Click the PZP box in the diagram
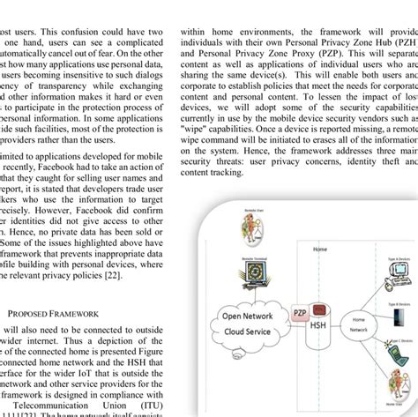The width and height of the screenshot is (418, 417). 299,312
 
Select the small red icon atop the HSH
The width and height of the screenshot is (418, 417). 319,309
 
